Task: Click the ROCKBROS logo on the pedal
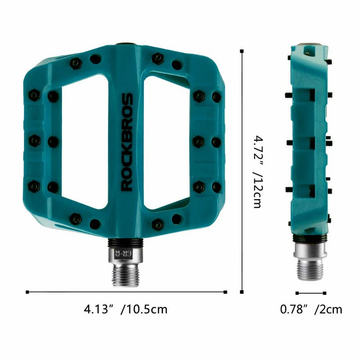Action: [x=127, y=142]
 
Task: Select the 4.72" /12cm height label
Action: [x=257, y=171]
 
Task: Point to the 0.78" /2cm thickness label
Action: [x=311, y=310]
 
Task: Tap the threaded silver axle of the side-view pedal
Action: [x=310, y=268]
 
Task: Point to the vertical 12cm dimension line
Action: [x=242, y=171]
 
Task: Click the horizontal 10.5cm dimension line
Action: [x=126, y=292]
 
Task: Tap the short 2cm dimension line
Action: [x=310, y=292]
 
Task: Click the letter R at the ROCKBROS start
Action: [x=127, y=185]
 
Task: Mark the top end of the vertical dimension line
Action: [x=242, y=51]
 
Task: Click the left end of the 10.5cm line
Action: [x=27, y=292]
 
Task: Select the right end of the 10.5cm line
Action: [x=225, y=292]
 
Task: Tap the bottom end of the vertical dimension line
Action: [x=242, y=292]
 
